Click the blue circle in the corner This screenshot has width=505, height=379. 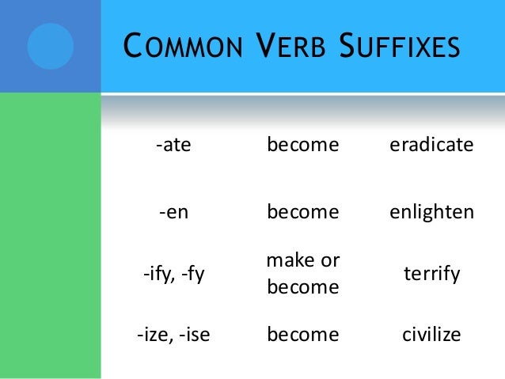click(x=50, y=46)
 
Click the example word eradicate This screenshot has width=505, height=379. click(x=431, y=146)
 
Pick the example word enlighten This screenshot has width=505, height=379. click(x=431, y=212)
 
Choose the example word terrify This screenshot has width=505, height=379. click(x=431, y=275)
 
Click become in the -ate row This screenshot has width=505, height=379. click(x=302, y=146)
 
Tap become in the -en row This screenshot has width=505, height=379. click(x=302, y=212)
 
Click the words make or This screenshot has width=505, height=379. click(x=302, y=260)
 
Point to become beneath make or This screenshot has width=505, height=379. click(x=302, y=289)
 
